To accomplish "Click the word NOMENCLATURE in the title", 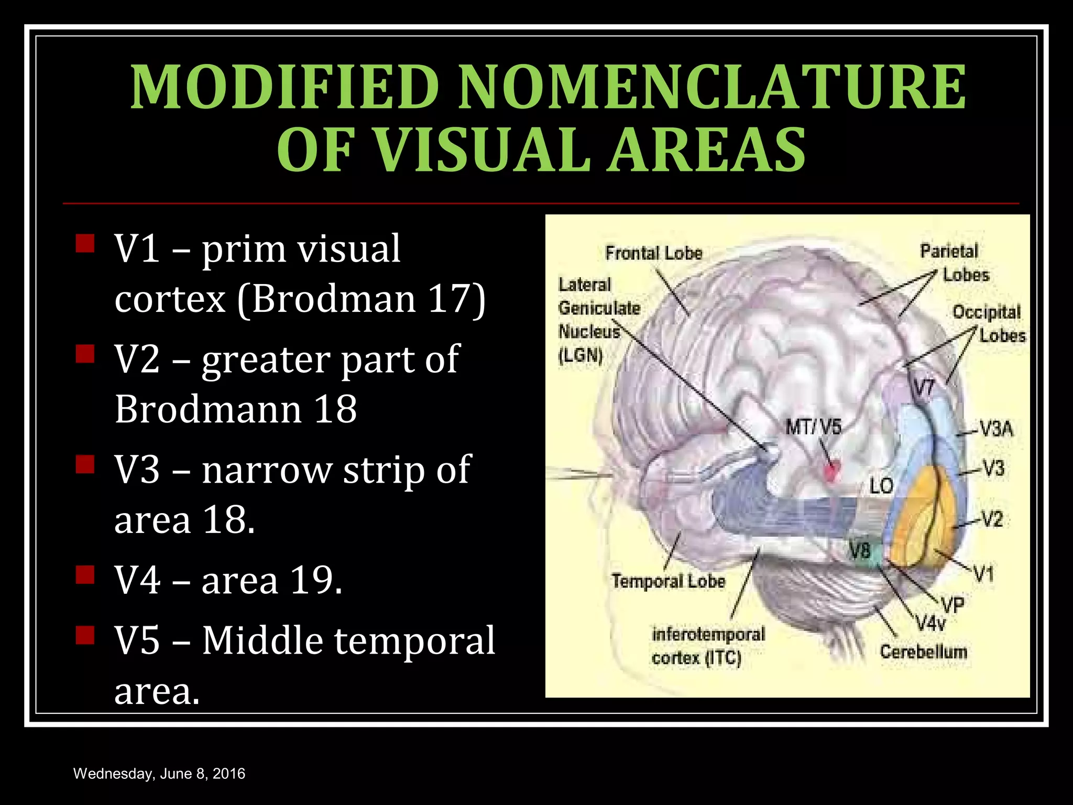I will pos(712,86).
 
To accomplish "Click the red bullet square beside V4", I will pos(84,575).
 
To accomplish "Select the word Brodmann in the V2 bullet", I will pos(207,409).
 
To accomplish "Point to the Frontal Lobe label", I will pos(653,253).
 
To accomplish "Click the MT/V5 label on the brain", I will pos(813,427).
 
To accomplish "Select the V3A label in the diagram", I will pos(996,429).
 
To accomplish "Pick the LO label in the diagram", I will pos(881,486).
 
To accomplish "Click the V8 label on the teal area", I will pos(860,550).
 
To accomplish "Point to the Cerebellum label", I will pos(923,652).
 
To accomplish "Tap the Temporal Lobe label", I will pos(668,581).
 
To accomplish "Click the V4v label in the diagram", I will pos(930,624).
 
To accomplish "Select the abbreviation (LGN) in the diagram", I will pos(581,356).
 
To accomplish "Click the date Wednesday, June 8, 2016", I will pos(159,774).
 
